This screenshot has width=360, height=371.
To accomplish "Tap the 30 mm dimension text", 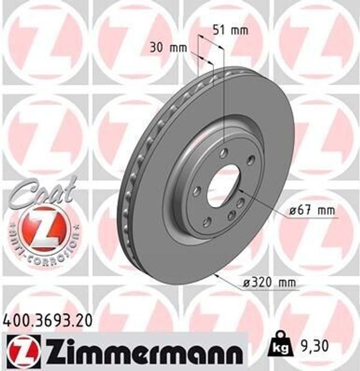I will point(168,48).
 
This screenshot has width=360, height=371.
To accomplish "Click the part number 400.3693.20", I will point(47,321).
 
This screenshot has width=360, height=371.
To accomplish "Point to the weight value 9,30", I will point(314,346).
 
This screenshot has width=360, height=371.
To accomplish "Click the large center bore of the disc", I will point(223,186).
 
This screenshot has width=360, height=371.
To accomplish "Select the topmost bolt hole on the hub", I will point(224,153).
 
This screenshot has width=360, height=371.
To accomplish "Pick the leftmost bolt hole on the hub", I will point(197,191).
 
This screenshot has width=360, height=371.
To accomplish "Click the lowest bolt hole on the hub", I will point(207,222).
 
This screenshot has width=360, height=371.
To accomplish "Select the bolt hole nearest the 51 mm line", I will point(224,153).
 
